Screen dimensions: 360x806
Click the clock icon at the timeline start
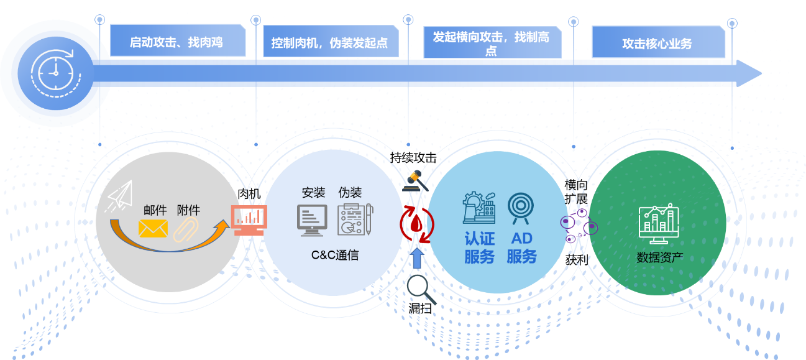(55, 73)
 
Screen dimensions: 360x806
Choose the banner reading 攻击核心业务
(657, 44)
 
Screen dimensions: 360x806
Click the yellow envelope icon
(153, 228)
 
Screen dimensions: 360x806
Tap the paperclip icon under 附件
(185, 229)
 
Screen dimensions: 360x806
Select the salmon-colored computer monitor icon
(249, 219)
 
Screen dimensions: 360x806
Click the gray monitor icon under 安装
(312, 220)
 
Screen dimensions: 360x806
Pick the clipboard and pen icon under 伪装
(355, 219)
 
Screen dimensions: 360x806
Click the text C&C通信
(335, 255)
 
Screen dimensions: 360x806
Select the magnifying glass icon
(418, 287)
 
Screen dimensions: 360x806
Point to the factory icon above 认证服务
(479, 208)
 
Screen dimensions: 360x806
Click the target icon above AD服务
(521, 208)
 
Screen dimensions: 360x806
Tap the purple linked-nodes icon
(578, 226)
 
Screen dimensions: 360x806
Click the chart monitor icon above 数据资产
(659, 223)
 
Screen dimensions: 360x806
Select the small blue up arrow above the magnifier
(417, 260)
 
